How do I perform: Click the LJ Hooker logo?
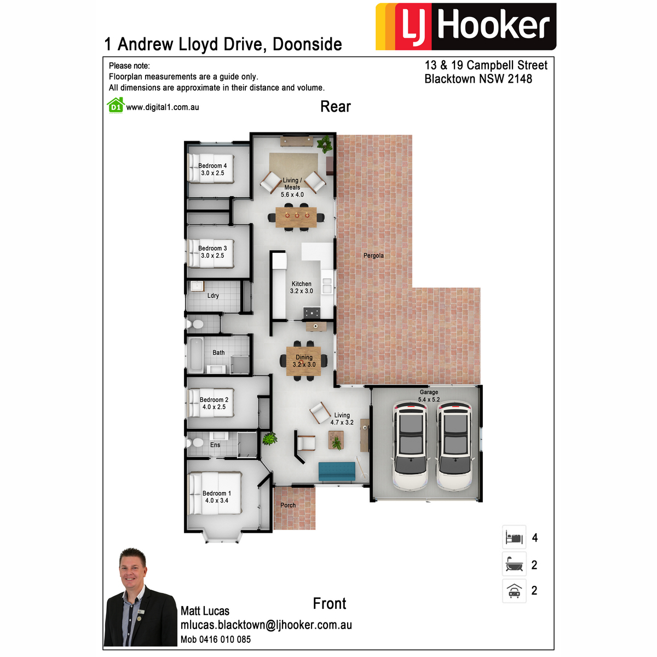(x=466, y=27)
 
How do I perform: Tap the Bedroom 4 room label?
(x=212, y=169)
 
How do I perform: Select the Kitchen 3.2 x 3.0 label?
(x=301, y=287)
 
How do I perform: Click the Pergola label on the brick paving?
(x=373, y=255)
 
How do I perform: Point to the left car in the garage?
(x=410, y=446)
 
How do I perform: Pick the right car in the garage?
(x=455, y=446)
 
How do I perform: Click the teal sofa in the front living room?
(x=337, y=471)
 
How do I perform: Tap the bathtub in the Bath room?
(x=195, y=355)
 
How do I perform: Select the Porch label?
(x=288, y=505)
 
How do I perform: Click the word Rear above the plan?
(x=336, y=106)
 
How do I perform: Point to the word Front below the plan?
(x=330, y=603)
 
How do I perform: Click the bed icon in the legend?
(x=514, y=538)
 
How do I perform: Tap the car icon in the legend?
(x=514, y=591)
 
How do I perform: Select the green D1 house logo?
(x=116, y=105)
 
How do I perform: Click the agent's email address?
(x=266, y=625)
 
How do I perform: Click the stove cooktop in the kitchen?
(x=312, y=313)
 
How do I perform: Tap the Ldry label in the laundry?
(x=213, y=296)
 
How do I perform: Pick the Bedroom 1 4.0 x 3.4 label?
(x=216, y=497)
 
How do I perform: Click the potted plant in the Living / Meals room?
(x=325, y=144)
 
